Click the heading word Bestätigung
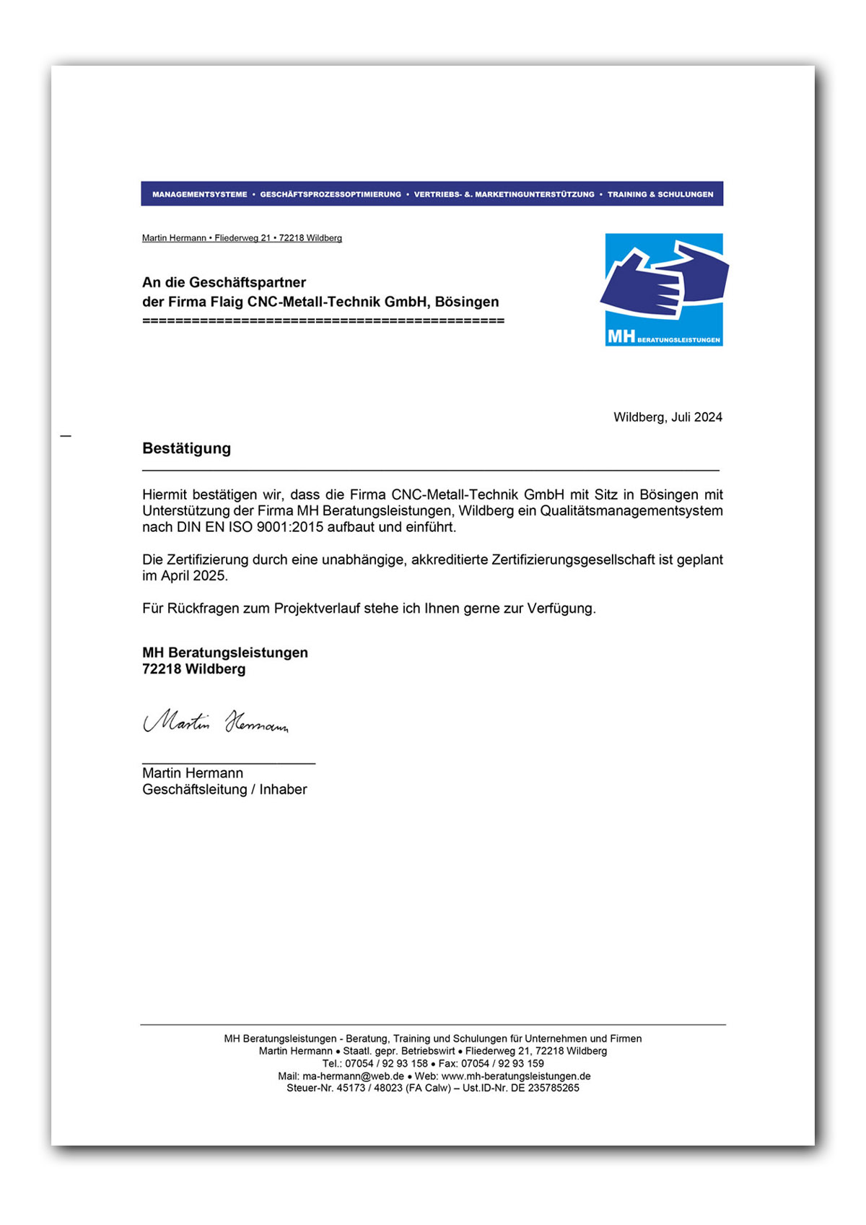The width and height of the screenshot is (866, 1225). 186,448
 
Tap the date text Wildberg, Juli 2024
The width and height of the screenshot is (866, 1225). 668,417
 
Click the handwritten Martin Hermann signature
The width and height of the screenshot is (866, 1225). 216,721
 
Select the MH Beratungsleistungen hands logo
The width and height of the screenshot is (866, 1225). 663,289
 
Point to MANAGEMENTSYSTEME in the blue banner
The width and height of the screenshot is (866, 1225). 199,194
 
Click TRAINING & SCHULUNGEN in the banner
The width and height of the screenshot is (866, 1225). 660,194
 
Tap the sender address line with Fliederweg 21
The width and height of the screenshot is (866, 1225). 242,238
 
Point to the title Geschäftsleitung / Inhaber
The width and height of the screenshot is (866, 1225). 224,790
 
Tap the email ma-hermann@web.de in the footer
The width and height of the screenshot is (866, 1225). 353,1076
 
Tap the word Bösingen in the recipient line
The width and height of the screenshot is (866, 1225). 466,302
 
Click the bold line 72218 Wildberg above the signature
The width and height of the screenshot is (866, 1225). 193,669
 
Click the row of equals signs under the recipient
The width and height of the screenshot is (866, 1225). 323,321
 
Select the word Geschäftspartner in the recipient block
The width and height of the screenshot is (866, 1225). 257,282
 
